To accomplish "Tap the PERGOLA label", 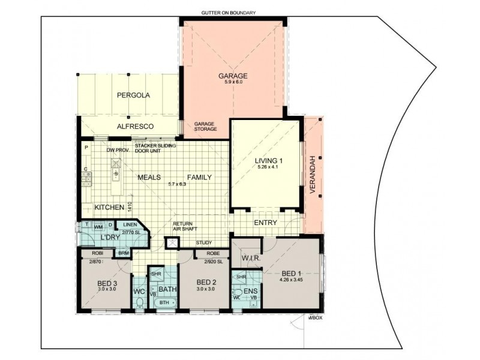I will point(133,95).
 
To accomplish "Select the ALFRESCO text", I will point(136,127).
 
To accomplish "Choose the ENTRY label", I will point(265,223).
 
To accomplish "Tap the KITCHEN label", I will point(110,207).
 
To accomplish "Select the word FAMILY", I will point(199,178).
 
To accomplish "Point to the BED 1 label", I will point(290,272).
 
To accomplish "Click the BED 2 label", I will point(206,282).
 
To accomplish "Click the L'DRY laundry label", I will point(111,238).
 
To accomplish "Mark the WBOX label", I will point(316,318).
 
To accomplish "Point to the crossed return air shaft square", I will point(173,243).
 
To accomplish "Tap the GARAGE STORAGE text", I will point(205,127).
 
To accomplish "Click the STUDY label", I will point(204,243).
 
